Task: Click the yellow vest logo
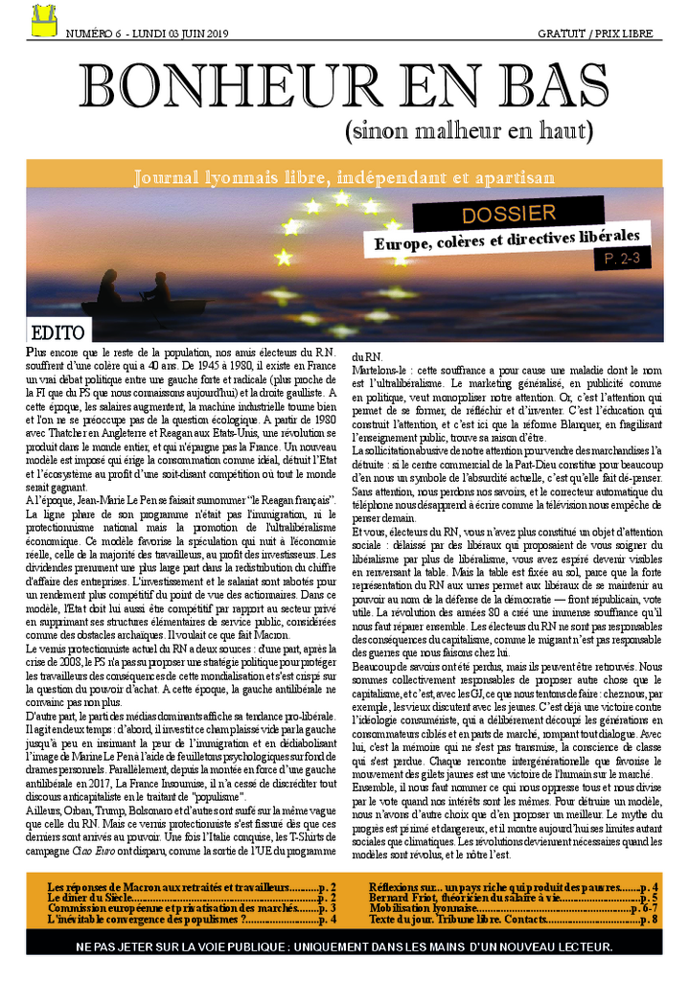43,20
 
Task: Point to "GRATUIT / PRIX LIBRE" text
596,34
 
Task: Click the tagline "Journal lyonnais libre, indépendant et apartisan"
344,177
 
